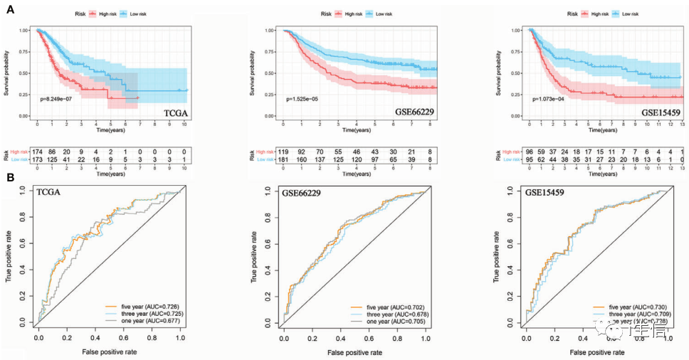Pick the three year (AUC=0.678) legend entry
(388, 314)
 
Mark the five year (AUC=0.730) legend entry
(631, 307)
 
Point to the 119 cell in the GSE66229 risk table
(284, 153)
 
